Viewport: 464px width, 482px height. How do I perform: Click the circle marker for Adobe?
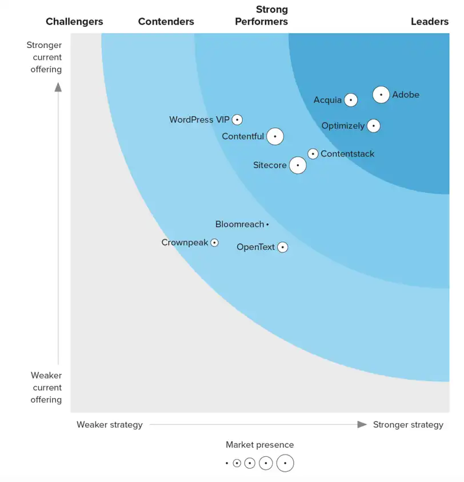(x=381, y=95)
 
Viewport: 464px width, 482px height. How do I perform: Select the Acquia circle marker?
(x=351, y=100)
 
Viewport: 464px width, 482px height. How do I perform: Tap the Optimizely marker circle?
(x=373, y=126)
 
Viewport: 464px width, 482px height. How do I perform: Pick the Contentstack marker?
(x=313, y=154)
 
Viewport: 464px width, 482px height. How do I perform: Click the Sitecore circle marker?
(x=297, y=166)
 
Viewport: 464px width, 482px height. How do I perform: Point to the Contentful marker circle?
(x=275, y=137)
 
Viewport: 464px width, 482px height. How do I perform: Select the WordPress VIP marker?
(x=237, y=120)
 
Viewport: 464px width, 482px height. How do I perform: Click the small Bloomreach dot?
(x=267, y=225)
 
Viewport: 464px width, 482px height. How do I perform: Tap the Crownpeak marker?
(x=214, y=242)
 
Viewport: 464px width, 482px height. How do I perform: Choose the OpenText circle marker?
(x=282, y=248)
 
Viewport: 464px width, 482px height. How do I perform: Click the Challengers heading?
(x=74, y=22)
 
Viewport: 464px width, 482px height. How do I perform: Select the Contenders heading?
(x=166, y=22)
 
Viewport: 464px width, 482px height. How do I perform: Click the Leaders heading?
(x=429, y=22)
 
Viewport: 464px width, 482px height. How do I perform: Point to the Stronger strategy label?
(x=407, y=425)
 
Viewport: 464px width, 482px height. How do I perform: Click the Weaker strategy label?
(x=109, y=425)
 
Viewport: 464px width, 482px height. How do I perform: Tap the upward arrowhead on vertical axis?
(x=58, y=87)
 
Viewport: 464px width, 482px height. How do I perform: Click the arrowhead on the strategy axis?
(x=362, y=424)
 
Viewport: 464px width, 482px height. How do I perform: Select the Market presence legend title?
(x=259, y=445)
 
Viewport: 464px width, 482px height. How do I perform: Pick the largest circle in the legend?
(x=285, y=463)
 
